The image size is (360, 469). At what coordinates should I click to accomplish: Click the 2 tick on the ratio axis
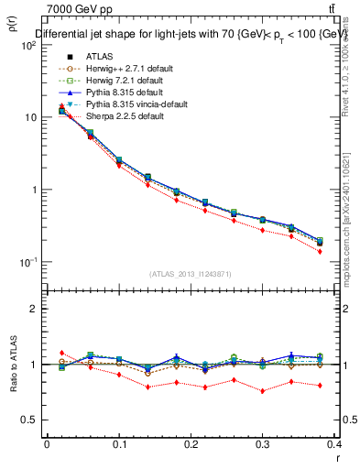[x=35, y=309]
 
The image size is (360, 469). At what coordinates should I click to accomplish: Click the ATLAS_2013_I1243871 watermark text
[x=191, y=275]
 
